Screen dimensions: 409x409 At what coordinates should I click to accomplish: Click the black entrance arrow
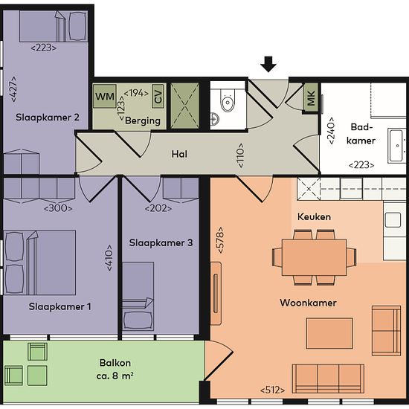(268, 64)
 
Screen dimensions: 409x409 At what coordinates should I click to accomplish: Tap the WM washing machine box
(104, 96)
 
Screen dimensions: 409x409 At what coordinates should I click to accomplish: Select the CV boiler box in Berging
(158, 96)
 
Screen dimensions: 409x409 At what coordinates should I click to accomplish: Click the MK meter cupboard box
(311, 98)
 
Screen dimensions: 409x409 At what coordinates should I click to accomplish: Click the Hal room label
(179, 154)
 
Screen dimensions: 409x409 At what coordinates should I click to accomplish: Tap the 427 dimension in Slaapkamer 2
(13, 89)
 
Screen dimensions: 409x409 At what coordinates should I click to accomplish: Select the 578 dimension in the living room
(220, 240)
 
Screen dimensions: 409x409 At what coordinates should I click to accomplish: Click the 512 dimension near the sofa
(272, 390)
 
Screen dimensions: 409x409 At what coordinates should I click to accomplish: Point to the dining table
(315, 257)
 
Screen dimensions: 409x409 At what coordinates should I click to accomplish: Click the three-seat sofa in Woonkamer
(328, 379)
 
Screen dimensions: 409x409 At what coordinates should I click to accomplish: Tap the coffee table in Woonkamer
(329, 333)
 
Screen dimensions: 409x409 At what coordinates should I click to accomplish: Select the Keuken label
(314, 216)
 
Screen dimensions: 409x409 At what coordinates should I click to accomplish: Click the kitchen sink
(393, 219)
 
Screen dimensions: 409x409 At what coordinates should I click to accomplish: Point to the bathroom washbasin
(397, 146)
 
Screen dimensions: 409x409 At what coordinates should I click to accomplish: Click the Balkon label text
(115, 363)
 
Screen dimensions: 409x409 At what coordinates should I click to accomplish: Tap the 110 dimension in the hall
(240, 155)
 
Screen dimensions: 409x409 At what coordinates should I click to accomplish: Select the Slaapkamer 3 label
(161, 243)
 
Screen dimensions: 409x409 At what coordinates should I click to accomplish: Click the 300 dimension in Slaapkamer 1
(58, 209)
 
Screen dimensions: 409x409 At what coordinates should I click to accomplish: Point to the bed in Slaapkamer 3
(138, 296)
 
